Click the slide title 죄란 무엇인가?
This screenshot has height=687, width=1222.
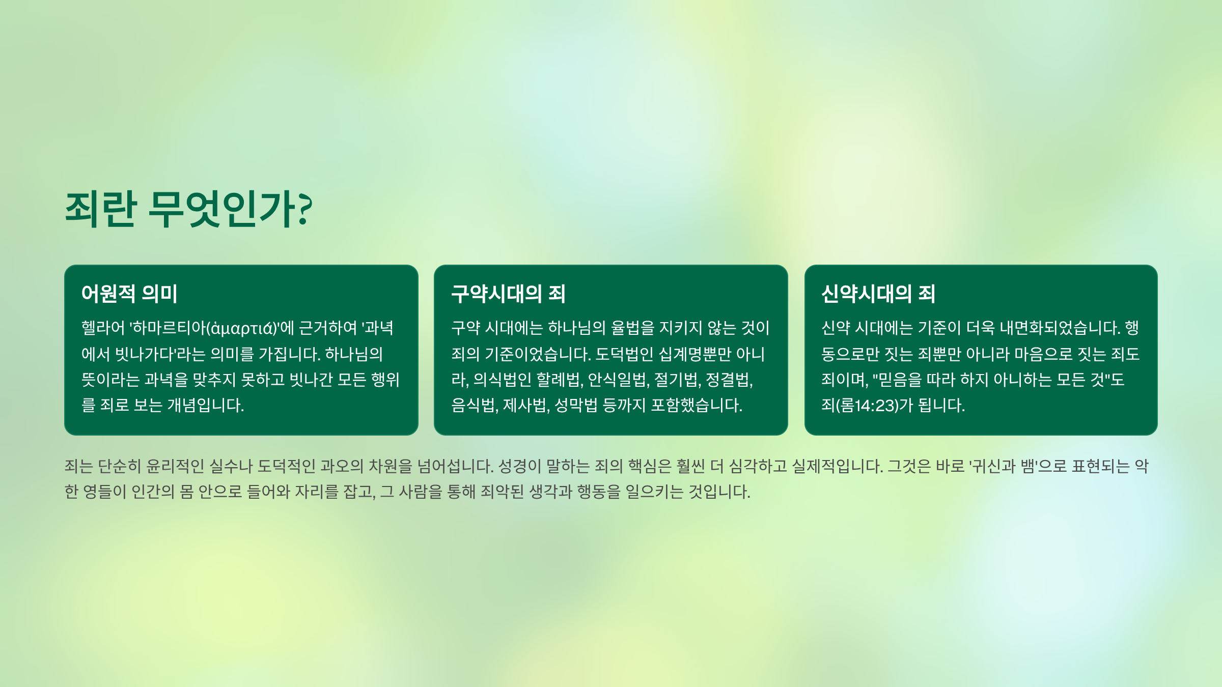click(188, 209)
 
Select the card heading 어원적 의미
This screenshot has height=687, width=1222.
click(129, 294)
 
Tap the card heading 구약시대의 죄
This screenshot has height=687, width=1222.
click(508, 294)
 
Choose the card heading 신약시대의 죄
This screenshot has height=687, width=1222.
click(878, 294)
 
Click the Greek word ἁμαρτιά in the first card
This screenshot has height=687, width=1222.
click(242, 328)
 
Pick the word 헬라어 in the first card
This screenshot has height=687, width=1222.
click(103, 328)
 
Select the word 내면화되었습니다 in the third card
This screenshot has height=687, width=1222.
click(1060, 328)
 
